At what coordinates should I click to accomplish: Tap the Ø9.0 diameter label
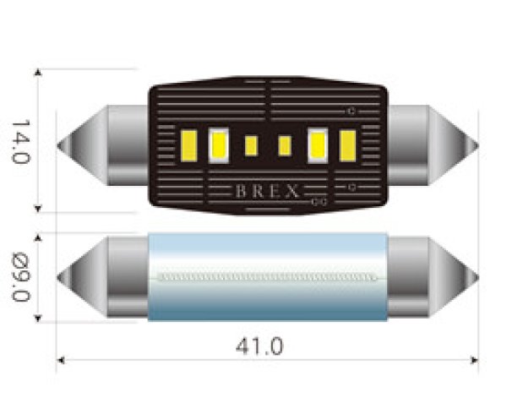(20, 276)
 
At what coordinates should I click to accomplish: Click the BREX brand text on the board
(266, 191)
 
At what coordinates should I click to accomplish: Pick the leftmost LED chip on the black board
(190, 144)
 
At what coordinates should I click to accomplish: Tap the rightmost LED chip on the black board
(347, 144)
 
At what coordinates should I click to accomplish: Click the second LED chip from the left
(219, 144)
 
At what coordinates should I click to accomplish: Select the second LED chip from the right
(319, 144)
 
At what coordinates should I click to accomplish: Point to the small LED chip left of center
(251, 145)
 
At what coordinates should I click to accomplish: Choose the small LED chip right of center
(285, 145)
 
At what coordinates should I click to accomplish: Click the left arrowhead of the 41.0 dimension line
(60, 359)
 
